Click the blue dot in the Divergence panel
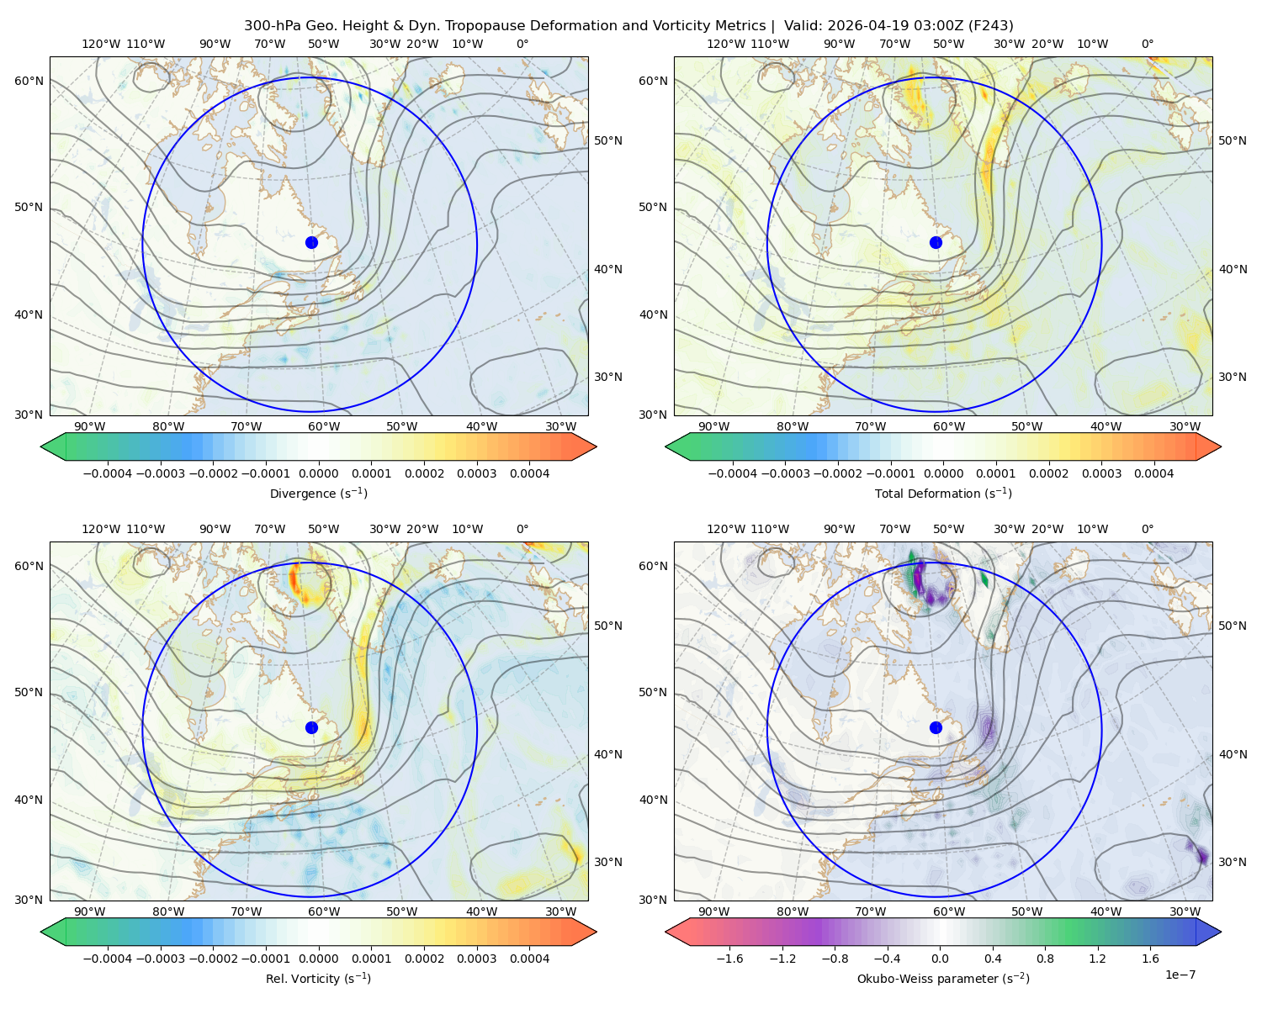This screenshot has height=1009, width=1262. coord(311,242)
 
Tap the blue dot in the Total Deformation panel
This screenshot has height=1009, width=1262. coord(936,242)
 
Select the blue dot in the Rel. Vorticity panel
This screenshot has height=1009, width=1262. coord(311,727)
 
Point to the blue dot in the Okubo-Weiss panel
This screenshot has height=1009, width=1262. coord(936,727)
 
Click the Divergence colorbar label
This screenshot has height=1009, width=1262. coord(318,493)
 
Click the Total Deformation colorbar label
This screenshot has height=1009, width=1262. coord(943,493)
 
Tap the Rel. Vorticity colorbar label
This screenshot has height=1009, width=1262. coord(318,978)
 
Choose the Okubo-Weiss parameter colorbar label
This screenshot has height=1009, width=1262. coord(943,978)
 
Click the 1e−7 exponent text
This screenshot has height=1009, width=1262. coord(1180,975)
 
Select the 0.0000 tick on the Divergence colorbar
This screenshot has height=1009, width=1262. coord(318,473)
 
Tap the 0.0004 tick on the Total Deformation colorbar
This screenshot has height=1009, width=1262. coord(1154,473)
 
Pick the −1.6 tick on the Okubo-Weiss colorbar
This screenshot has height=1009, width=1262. coord(729,959)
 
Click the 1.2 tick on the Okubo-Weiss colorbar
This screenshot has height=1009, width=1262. coord(1097,959)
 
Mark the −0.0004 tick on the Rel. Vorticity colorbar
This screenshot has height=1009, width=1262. coord(108,959)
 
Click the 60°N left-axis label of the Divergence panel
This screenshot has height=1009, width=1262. coord(29,81)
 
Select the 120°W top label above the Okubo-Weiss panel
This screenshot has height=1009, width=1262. coord(726,529)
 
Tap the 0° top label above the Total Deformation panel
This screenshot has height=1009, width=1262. coord(1148,44)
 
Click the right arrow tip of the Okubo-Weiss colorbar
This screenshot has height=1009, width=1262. coord(1221,932)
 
